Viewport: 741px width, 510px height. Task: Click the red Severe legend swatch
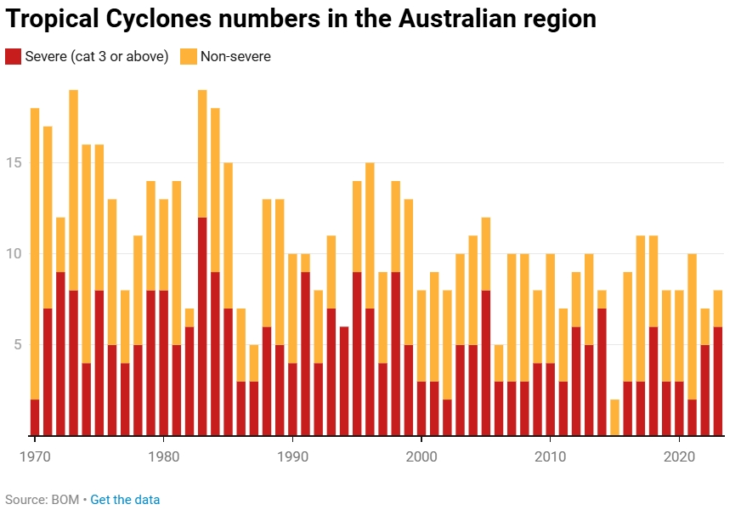14,57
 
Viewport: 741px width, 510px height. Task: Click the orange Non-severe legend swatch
188,57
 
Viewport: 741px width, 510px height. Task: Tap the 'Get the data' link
125,499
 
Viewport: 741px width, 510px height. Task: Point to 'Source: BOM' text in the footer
41,499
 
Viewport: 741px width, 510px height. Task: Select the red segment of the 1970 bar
35,417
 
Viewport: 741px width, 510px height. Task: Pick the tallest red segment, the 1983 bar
202,326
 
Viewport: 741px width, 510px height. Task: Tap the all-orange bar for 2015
614,417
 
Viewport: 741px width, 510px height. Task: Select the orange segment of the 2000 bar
421,336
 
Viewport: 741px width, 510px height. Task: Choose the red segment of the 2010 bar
550,399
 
